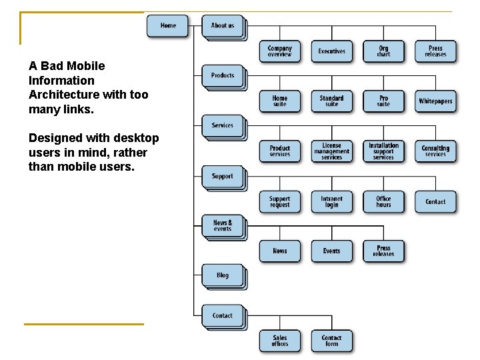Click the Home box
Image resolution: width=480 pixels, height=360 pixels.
(x=168, y=25)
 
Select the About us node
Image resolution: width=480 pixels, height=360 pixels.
(x=223, y=25)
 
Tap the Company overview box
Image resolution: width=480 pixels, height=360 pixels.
(x=280, y=51)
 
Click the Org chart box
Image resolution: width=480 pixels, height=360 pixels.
(x=383, y=51)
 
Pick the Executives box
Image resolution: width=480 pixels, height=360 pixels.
(x=331, y=51)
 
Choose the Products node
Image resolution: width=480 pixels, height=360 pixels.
(x=223, y=75)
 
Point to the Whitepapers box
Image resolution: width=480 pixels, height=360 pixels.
(x=435, y=101)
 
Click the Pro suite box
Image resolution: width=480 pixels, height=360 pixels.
(x=383, y=101)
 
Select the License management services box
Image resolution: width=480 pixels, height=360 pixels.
(x=331, y=151)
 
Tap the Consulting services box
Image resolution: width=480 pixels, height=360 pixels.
(x=435, y=151)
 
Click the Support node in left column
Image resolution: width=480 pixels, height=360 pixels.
(x=223, y=177)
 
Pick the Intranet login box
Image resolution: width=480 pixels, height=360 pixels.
(x=331, y=201)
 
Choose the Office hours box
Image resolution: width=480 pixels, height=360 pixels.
(x=383, y=201)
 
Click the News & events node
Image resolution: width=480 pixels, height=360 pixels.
(x=223, y=225)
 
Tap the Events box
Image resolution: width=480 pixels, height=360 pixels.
(x=331, y=251)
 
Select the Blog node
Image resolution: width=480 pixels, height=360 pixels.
(x=223, y=275)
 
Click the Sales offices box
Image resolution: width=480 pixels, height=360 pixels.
(x=280, y=341)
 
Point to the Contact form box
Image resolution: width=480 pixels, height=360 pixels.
(x=331, y=341)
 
